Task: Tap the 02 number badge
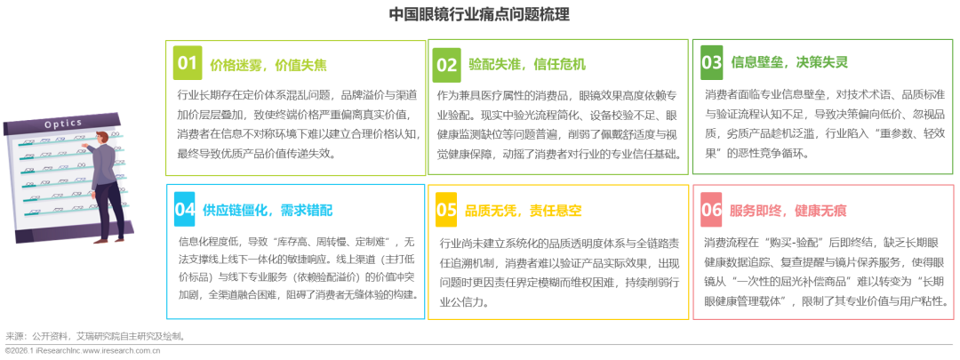446,64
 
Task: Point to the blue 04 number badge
185,209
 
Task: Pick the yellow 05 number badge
446,210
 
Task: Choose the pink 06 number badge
712,210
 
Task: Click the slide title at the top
479,13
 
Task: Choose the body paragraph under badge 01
295,123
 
